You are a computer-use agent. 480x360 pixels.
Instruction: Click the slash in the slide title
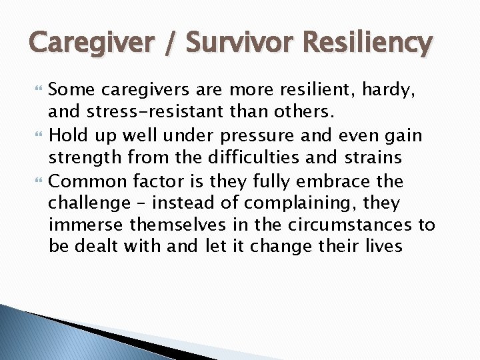pos(176,43)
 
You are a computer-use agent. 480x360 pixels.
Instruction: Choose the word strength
pos(83,157)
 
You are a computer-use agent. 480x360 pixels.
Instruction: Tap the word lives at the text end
pos(382,246)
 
